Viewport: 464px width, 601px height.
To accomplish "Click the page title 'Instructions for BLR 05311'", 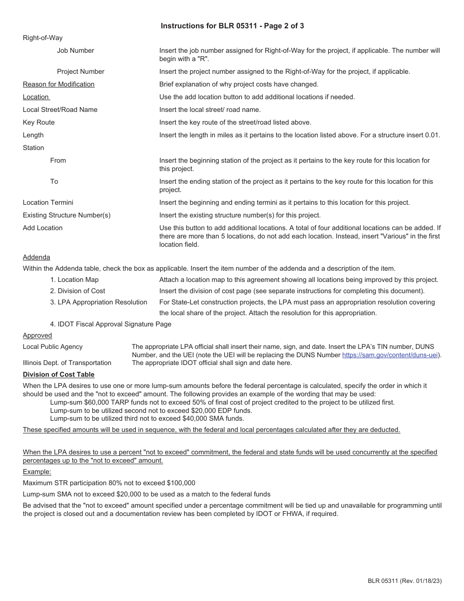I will [x=232, y=26].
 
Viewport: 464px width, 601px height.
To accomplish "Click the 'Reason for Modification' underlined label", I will [x=59, y=84].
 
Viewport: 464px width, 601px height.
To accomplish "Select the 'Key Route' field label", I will [x=39, y=122].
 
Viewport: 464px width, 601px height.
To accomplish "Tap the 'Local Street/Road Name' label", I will [x=60, y=109].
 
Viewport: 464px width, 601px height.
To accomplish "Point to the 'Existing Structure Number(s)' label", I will [x=66, y=215].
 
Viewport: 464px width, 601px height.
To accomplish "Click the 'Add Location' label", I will [x=42, y=228].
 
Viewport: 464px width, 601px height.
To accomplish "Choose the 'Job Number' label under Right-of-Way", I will [x=75, y=50].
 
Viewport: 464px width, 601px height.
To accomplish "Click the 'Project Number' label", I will [x=81, y=71].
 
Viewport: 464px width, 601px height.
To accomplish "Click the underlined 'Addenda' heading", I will [x=36, y=257].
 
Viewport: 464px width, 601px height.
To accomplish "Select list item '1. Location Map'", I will [x=74, y=279].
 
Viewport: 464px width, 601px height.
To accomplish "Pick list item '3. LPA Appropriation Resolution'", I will [x=99, y=302].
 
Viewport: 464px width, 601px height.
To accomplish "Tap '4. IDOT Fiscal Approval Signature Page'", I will [x=111, y=324].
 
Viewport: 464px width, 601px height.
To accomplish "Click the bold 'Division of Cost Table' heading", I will [x=59, y=374].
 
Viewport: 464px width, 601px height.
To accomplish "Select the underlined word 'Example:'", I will [x=37, y=472].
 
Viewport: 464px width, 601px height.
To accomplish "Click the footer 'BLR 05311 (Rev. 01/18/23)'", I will [x=404, y=581].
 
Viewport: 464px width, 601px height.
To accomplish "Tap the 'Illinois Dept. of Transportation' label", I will [x=67, y=363].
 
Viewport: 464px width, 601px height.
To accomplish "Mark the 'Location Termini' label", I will [x=48, y=202].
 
